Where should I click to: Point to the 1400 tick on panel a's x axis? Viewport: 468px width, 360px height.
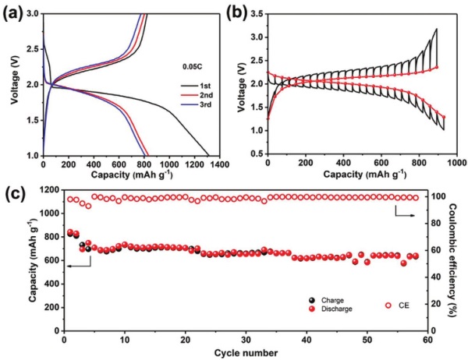(221, 164)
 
